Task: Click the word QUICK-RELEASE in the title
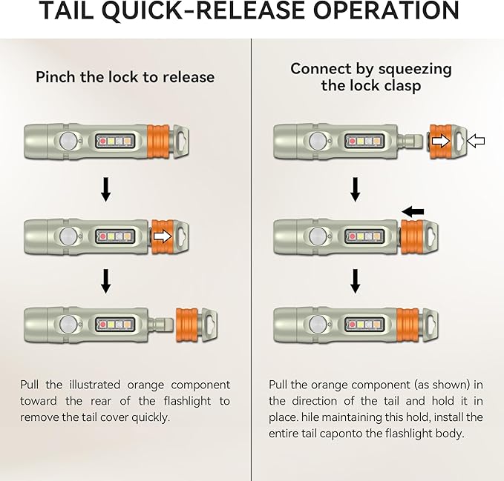click(204, 11)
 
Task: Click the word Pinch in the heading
click(56, 77)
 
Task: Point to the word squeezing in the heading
click(415, 70)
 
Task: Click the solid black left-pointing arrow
click(413, 211)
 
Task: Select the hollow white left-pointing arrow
click(475, 141)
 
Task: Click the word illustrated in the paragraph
click(95, 385)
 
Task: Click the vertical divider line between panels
click(252, 260)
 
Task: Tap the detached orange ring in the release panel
click(187, 325)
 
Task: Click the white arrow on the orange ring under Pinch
click(163, 236)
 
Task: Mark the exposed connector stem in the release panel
click(160, 325)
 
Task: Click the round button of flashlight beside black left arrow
click(318, 236)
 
